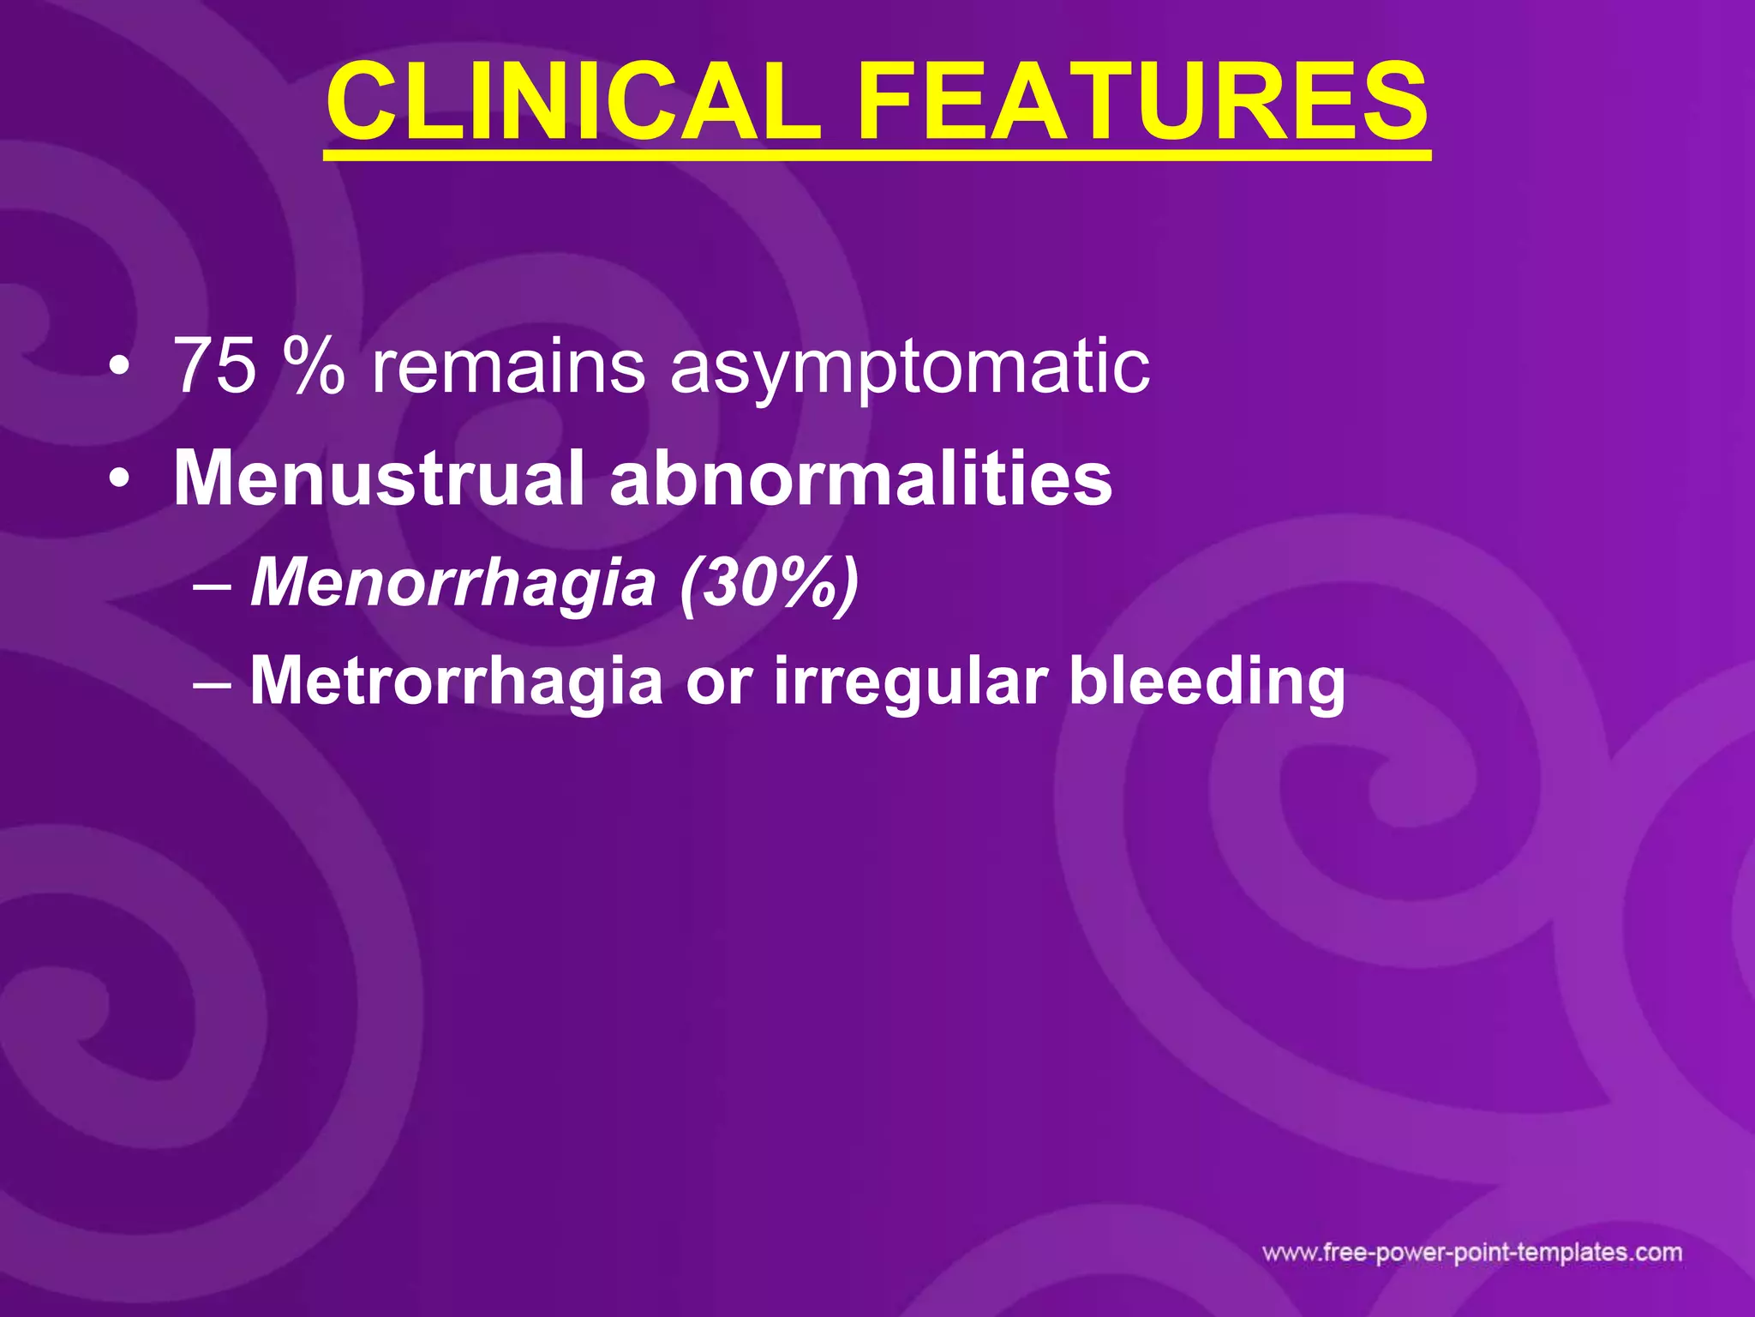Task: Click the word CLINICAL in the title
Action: [x=572, y=103]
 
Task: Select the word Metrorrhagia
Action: [x=456, y=683]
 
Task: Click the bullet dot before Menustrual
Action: [x=120, y=480]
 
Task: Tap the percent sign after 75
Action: [x=315, y=367]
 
